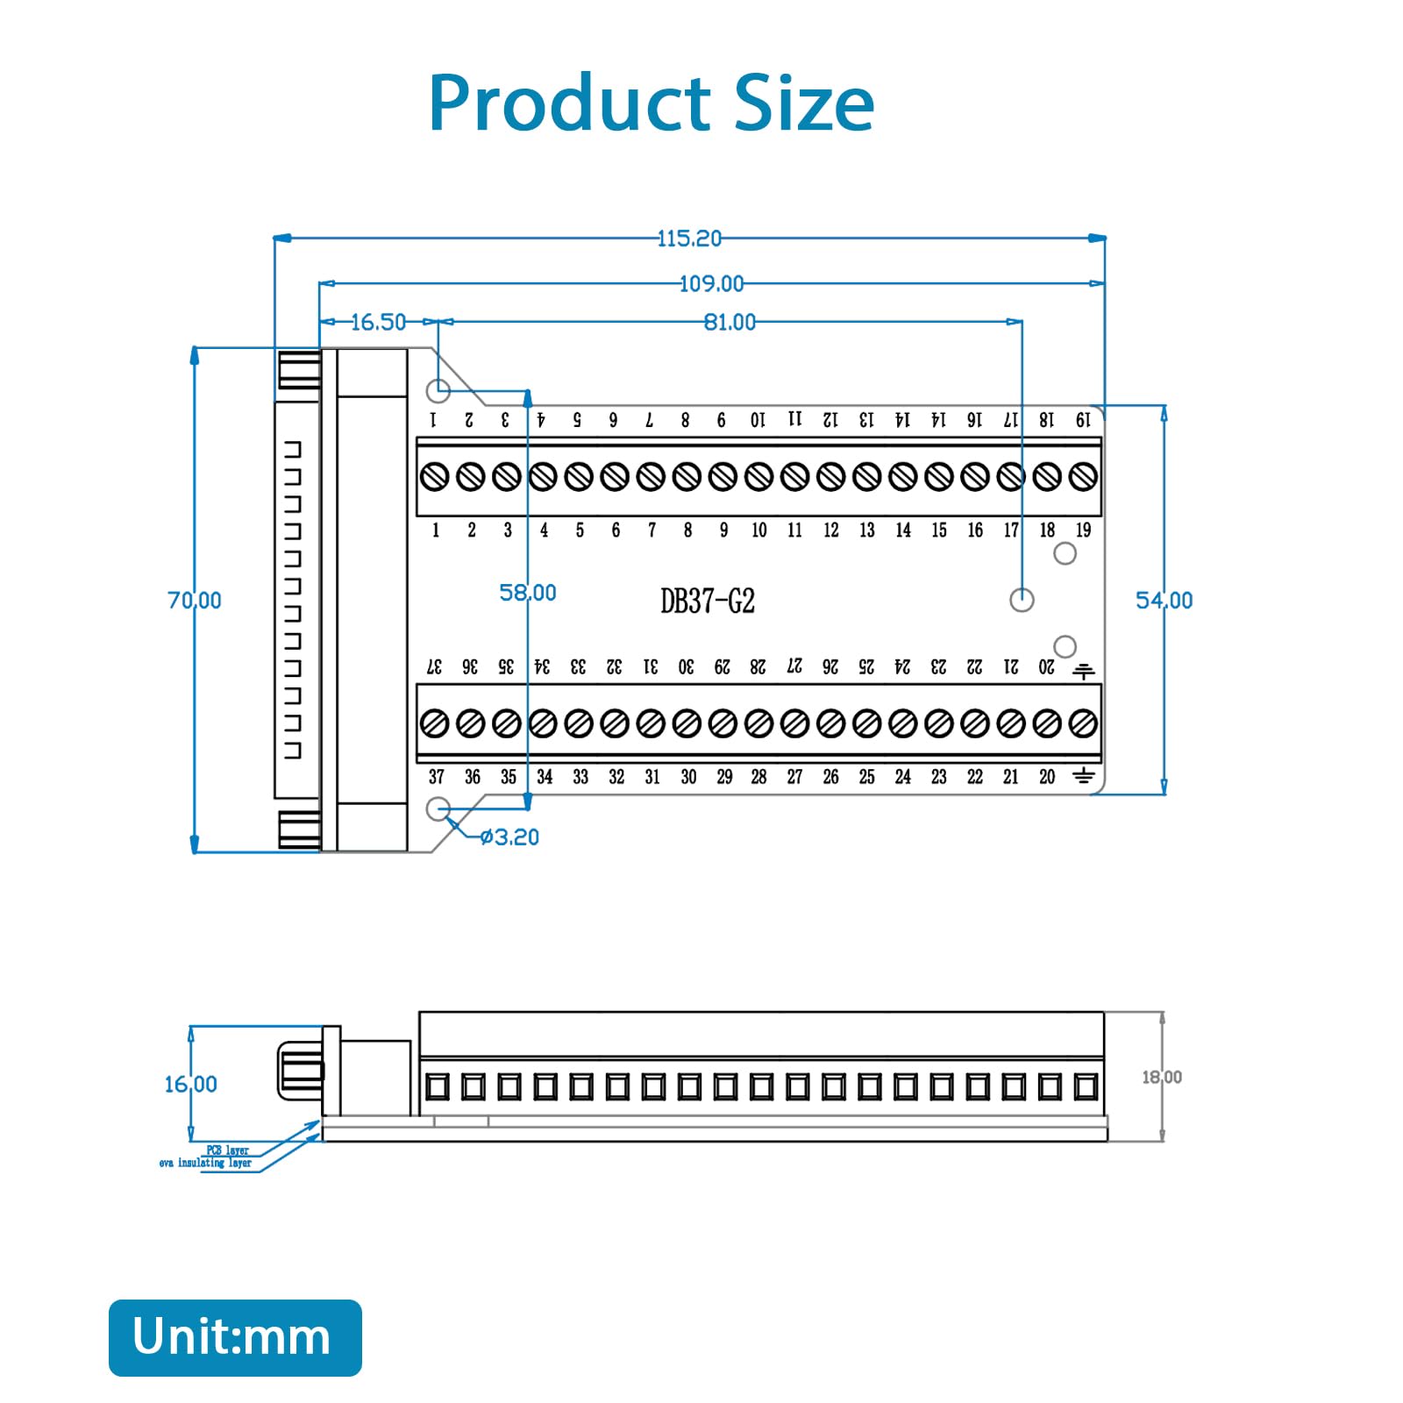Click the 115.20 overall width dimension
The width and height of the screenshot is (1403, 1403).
pos(689,239)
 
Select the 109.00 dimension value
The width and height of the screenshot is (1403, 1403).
pos(711,284)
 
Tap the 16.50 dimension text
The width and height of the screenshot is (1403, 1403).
pos(378,323)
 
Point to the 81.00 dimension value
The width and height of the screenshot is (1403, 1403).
pos(730,323)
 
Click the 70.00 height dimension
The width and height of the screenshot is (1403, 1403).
pos(195,601)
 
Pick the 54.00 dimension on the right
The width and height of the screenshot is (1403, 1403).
pos(1164,601)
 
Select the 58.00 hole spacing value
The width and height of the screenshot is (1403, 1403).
pos(527,593)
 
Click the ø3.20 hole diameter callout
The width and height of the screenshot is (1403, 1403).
pos(509,837)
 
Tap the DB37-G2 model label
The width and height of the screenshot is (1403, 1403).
pos(707,602)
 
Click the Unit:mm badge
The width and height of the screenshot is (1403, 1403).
pos(235,1337)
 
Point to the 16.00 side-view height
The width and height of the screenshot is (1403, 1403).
pos(190,1085)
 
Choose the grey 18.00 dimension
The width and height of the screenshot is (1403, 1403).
pos(1161,1077)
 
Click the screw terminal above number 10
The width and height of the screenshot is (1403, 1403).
pos(758,477)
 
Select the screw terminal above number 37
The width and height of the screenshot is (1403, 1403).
pos(435,723)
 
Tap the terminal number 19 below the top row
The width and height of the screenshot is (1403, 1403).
pos(1083,531)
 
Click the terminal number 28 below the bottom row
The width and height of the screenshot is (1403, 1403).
pos(758,777)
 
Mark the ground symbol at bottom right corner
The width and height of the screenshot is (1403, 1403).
pos(1084,776)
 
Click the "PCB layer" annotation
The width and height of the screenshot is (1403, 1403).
pos(227,1150)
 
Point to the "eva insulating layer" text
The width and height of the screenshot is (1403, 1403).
pos(205,1163)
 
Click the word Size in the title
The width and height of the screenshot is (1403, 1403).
pos(804,103)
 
